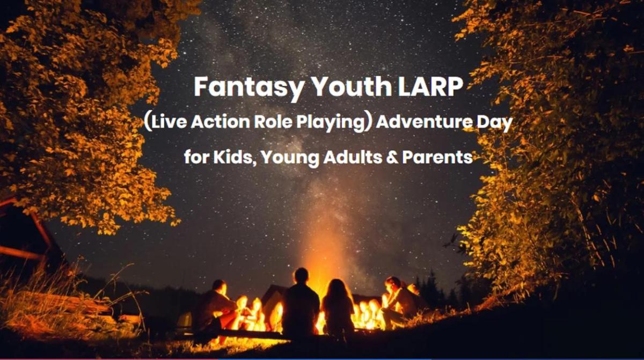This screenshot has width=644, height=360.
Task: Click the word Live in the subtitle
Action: [167, 122]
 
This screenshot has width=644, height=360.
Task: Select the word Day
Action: [494, 123]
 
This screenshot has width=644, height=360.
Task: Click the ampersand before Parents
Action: [392, 157]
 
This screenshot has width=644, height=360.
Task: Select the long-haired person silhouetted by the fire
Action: [338, 307]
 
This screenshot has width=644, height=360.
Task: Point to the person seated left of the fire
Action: [216, 307]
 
